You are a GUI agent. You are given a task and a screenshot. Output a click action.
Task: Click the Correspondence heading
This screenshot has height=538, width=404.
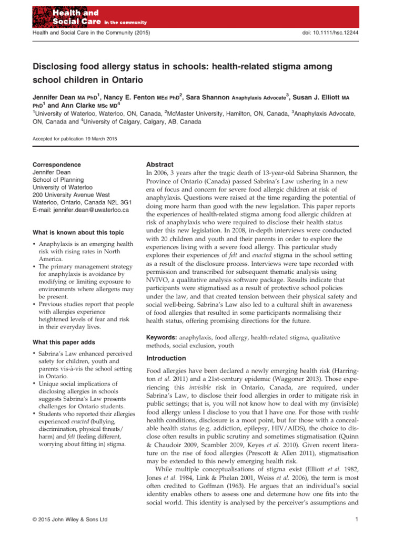point(57,164)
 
